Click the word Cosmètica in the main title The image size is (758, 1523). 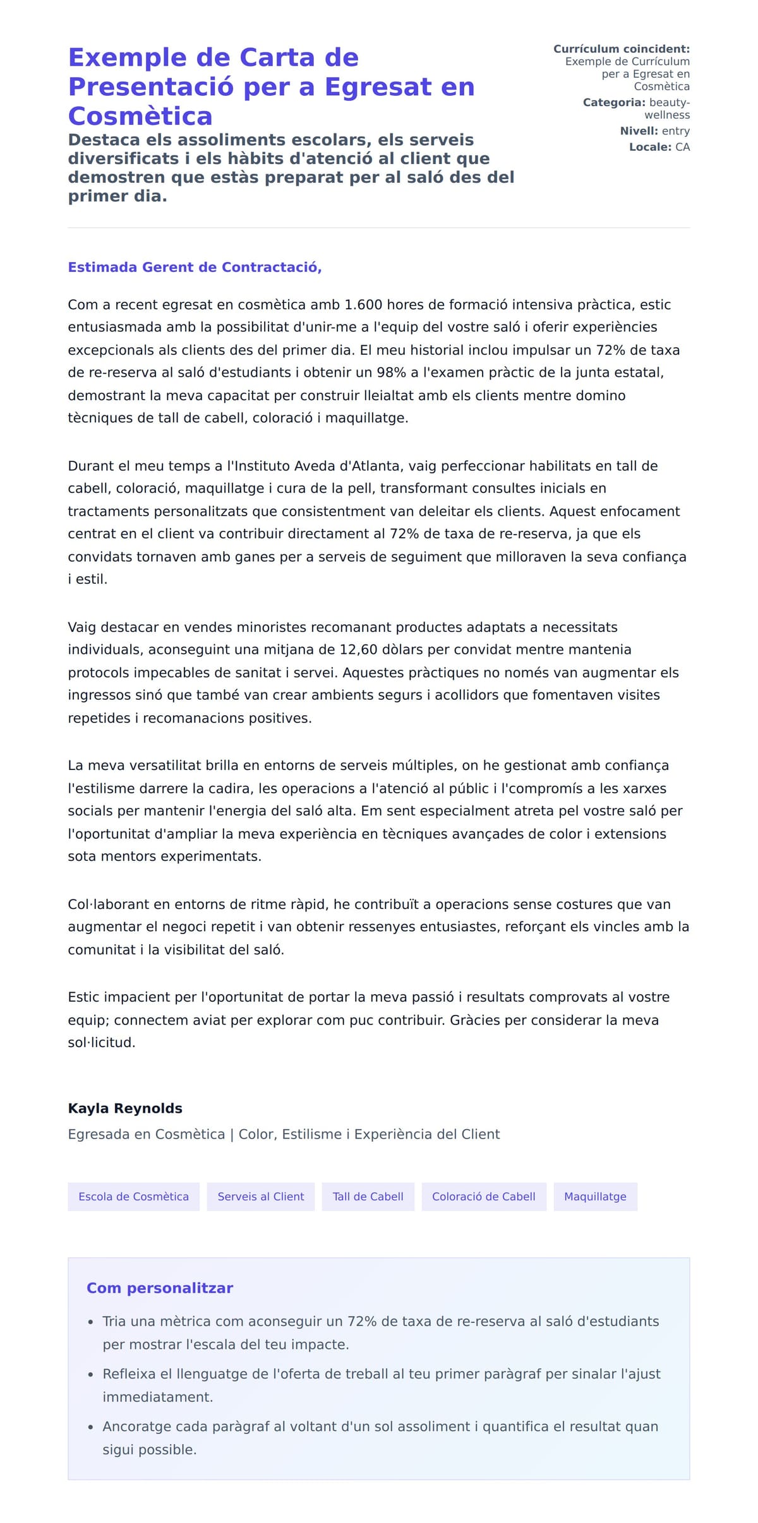coord(140,116)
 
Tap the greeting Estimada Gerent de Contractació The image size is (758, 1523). coord(195,267)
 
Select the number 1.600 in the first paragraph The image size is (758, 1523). coord(363,305)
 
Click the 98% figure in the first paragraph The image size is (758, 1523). coord(391,372)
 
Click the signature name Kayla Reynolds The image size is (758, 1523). coord(125,1108)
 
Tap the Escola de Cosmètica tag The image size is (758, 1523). coord(133,1197)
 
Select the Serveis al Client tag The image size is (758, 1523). coord(260,1197)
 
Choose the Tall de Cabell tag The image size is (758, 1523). coord(368,1197)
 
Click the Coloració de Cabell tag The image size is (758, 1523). coord(483,1197)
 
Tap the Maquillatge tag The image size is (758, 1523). coord(595,1197)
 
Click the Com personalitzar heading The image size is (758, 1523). coord(160,1288)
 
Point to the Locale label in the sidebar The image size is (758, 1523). coord(650,147)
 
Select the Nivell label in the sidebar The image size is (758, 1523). coord(639,131)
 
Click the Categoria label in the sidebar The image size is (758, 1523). coord(613,102)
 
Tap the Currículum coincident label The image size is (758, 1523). coord(621,49)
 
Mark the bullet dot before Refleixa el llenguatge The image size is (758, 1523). coord(91,1375)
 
